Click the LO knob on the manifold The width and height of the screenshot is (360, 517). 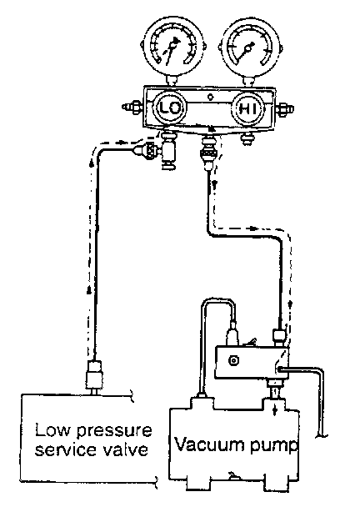[170, 108]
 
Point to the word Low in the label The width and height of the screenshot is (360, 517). [52, 430]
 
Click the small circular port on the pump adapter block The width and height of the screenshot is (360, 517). [233, 360]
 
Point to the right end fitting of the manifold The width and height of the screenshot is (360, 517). [284, 108]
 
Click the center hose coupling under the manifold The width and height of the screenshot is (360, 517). [208, 151]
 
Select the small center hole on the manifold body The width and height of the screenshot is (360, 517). [211, 98]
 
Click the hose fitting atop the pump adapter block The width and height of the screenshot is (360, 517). [278, 337]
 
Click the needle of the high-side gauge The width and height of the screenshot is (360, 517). [245, 52]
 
